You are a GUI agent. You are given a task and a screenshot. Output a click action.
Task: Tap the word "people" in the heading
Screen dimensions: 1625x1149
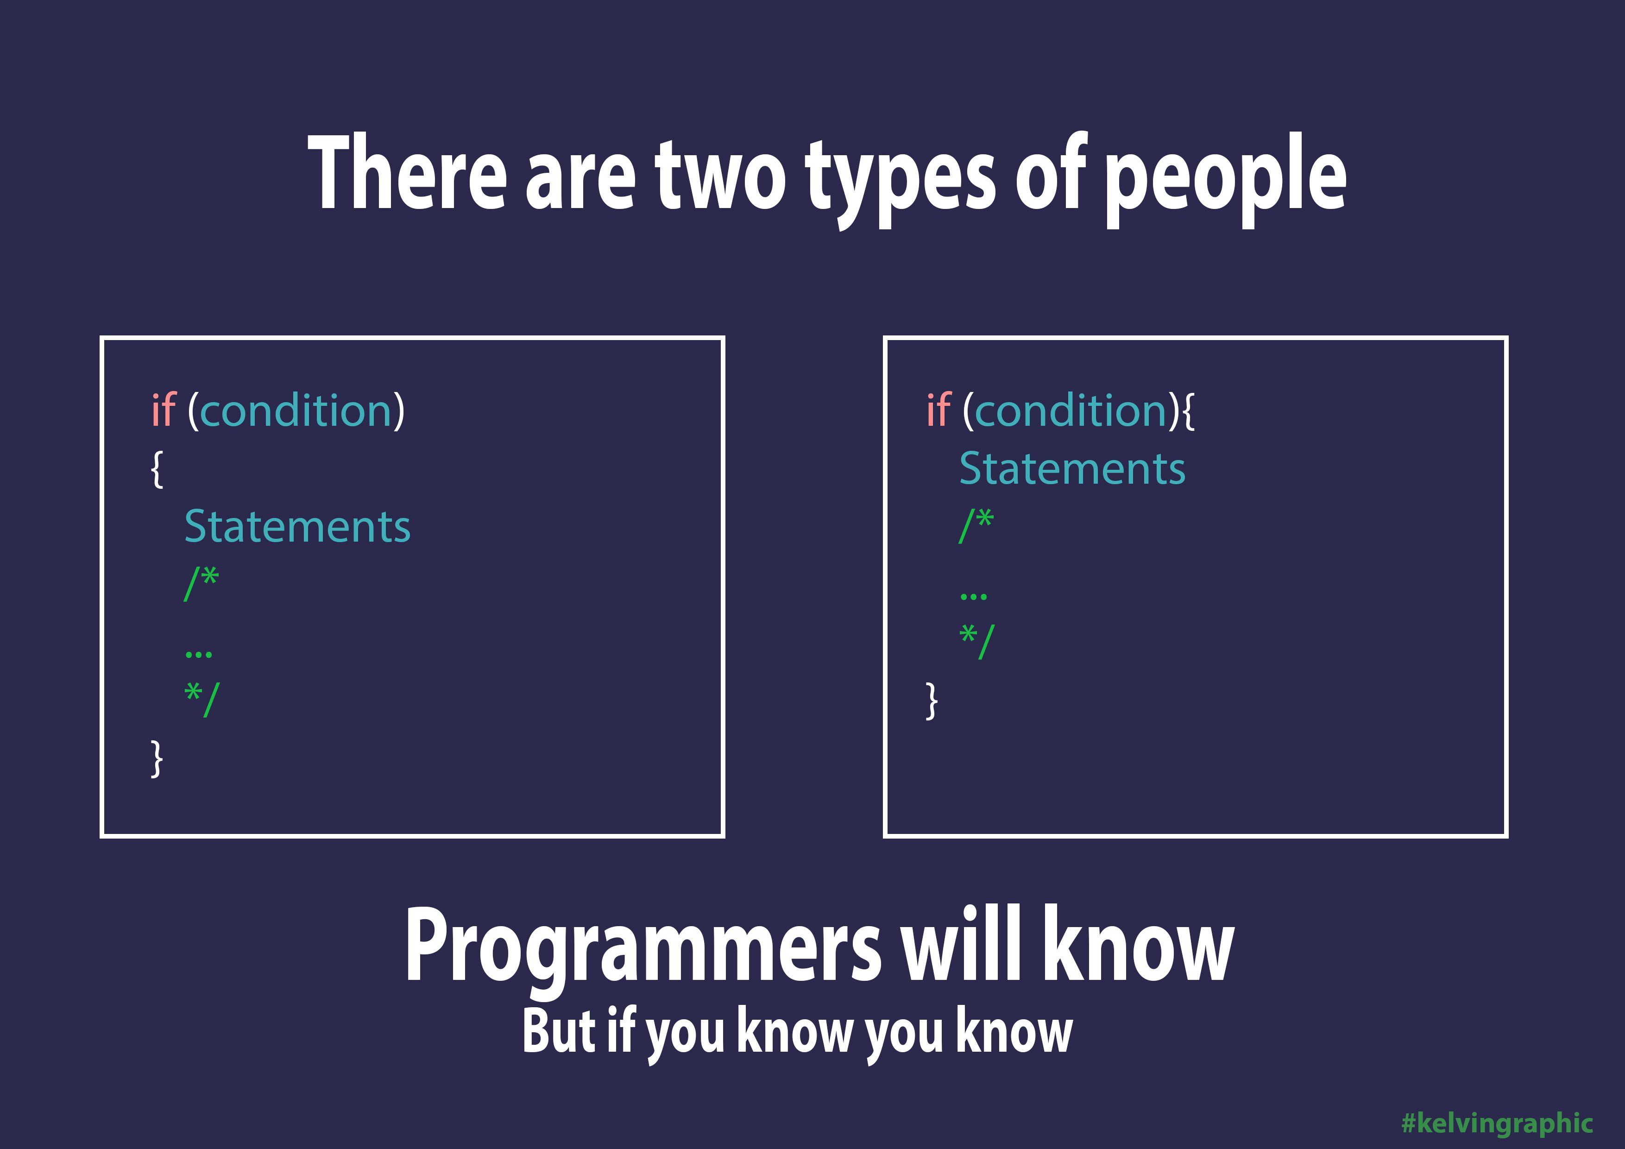coord(1225,181)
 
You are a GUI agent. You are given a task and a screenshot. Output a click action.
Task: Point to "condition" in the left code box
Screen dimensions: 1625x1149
coord(296,410)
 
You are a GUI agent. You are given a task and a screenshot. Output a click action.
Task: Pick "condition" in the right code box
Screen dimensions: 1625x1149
coord(1071,410)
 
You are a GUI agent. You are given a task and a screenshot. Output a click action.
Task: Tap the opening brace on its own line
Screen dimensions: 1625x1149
coord(157,469)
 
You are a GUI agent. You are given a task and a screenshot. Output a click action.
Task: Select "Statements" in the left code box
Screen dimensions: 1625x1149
coord(297,527)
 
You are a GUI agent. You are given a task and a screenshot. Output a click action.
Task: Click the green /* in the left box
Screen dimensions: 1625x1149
coord(202,584)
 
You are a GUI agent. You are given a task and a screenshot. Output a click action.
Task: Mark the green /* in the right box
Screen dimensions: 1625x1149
coord(976,526)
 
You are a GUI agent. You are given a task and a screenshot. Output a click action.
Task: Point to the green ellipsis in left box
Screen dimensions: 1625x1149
coord(198,655)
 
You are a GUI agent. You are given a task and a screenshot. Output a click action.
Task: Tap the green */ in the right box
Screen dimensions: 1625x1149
coord(976,641)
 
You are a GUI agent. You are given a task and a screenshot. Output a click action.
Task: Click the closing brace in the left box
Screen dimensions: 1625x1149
coord(157,758)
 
